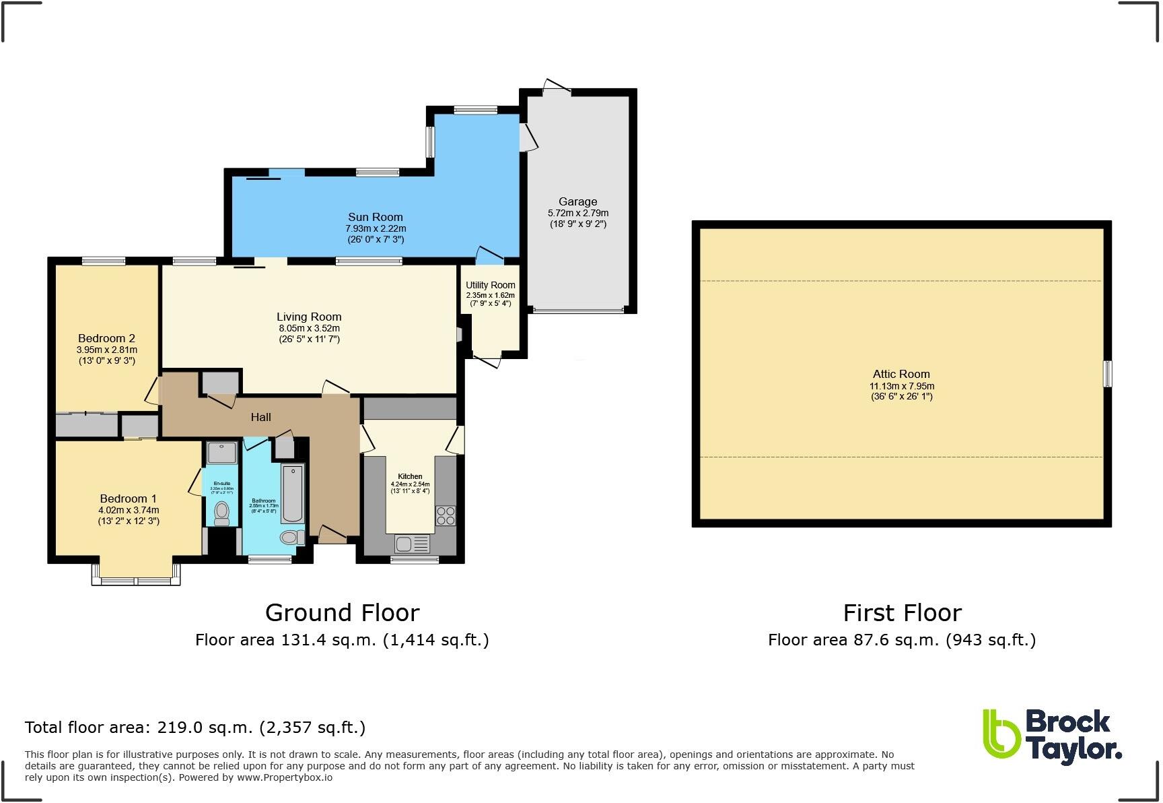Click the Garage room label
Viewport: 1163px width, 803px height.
(577, 201)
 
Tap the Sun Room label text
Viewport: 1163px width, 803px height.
(375, 217)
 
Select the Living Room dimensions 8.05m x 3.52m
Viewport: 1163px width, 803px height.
(309, 328)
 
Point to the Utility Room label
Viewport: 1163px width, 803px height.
(490, 285)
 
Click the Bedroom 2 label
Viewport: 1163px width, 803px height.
(106, 338)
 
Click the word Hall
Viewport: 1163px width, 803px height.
(260, 417)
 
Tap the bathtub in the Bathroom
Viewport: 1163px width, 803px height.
(292, 493)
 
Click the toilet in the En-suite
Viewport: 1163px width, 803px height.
(221, 514)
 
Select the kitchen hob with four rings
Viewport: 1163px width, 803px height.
(445, 516)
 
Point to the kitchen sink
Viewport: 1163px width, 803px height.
(411, 543)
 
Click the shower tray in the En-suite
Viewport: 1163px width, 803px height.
(221, 453)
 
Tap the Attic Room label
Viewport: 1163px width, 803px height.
(901, 374)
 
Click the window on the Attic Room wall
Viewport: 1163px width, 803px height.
(1106, 373)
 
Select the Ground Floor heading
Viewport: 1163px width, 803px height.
(342, 612)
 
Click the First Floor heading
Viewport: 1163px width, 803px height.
(902, 612)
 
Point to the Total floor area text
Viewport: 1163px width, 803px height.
(195, 727)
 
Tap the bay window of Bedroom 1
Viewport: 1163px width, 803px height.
(136, 580)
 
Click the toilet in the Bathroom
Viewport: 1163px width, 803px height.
(291, 537)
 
